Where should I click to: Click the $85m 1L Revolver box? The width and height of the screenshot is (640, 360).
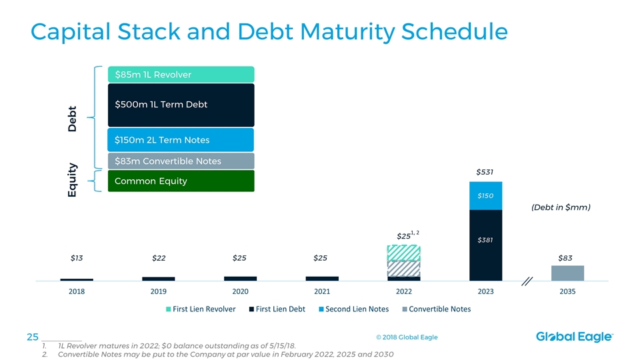point(180,74)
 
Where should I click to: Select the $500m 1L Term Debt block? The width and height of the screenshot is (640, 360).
point(180,105)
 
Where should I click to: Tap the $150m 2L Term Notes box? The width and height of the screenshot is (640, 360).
point(180,140)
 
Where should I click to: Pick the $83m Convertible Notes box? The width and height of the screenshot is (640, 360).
point(180,161)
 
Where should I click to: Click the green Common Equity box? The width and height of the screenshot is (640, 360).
point(180,181)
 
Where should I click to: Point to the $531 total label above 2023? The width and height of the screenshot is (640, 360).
point(485,172)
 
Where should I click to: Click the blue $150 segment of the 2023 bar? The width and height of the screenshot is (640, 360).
point(485,196)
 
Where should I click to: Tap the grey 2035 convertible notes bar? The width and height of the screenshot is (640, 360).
point(567,273)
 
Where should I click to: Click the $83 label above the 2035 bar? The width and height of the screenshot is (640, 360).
point(565,258)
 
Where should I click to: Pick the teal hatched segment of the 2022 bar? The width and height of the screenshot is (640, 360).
point(403,253)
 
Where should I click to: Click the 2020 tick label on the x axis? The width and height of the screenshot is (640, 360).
point(240,291)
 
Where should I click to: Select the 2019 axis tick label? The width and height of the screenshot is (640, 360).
point(159,291)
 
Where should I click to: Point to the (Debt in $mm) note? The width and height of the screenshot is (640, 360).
point(560,207)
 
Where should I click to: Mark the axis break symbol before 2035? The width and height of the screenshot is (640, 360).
point(527,281)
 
